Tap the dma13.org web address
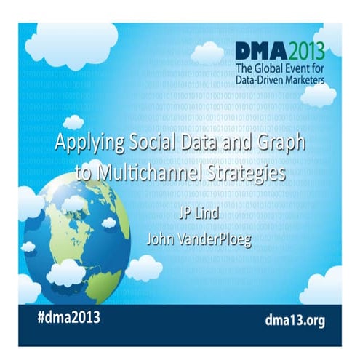tap(292, 318)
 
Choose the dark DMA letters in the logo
tap(258, 51)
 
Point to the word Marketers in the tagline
tap(305, 80)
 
